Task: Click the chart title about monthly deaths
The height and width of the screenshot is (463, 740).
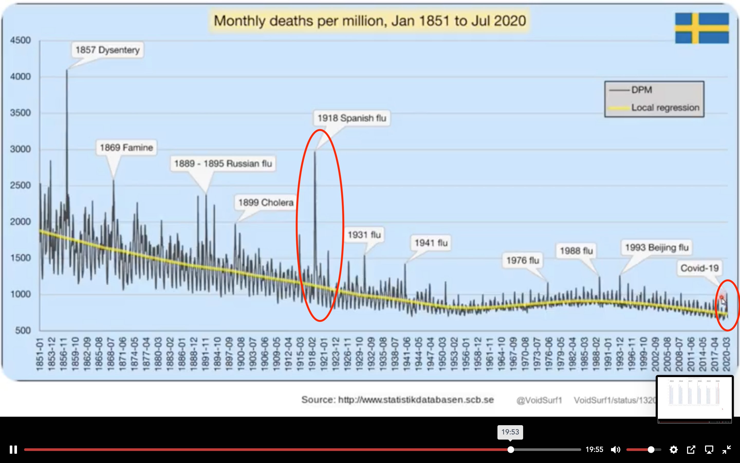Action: [369, 21]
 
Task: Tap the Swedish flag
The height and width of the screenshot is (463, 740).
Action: [702, 28]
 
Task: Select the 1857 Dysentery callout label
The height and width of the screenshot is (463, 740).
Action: [107, 50]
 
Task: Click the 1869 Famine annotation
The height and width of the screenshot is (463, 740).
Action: [126, 148]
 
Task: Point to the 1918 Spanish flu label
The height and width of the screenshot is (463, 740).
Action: [352, 118]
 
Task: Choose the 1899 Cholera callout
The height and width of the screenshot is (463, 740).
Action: [266, 202]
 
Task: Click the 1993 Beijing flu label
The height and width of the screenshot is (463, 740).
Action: [657, 247]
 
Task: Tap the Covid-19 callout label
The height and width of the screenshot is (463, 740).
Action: [699, 268]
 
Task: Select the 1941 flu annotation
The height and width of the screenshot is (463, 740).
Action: [431, 243]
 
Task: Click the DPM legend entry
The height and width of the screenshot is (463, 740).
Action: [642, 90]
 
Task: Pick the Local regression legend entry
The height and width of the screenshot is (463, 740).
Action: [665, 108]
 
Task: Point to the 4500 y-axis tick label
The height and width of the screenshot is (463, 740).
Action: [21, 40]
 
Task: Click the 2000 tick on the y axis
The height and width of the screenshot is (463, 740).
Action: [21, 222]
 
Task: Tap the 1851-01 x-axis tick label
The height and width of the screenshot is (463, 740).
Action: [40, 354]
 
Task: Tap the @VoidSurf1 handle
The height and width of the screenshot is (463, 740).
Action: [539, 400]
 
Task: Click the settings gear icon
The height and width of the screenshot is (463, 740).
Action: [673, 450]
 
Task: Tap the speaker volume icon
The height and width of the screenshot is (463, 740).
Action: [615, 450]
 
